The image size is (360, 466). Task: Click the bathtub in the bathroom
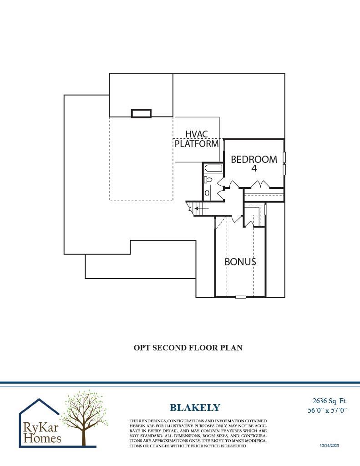(x=213, y=168)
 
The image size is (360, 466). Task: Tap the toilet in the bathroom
(x=207, y=179)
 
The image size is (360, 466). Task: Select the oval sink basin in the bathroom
(x=207, y=193)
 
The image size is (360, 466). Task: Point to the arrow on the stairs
(x=202, y=208)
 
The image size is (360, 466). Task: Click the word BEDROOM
(x=254, y=159)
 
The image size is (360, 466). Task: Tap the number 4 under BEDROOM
(x=254, y=168)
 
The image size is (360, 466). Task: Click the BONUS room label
(x=240, y=262)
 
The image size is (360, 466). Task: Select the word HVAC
(x=197, y=134)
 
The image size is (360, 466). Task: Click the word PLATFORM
(x=197, y=143)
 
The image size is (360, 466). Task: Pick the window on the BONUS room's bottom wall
(x=240, y=297)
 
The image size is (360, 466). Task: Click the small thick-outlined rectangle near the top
(x=141, y=113)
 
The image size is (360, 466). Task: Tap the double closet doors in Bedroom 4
(x=260, y=184)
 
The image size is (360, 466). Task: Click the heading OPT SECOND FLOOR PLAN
(x=188, y=348)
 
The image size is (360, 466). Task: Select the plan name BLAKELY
(x=195, y=407)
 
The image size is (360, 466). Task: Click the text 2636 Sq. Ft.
(x=330, y=401)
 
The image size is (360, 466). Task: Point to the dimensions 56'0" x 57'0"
(x=328, y=410)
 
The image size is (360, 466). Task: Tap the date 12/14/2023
(x=329, y=445)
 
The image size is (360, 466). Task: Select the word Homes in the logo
(x=42, y=438)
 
